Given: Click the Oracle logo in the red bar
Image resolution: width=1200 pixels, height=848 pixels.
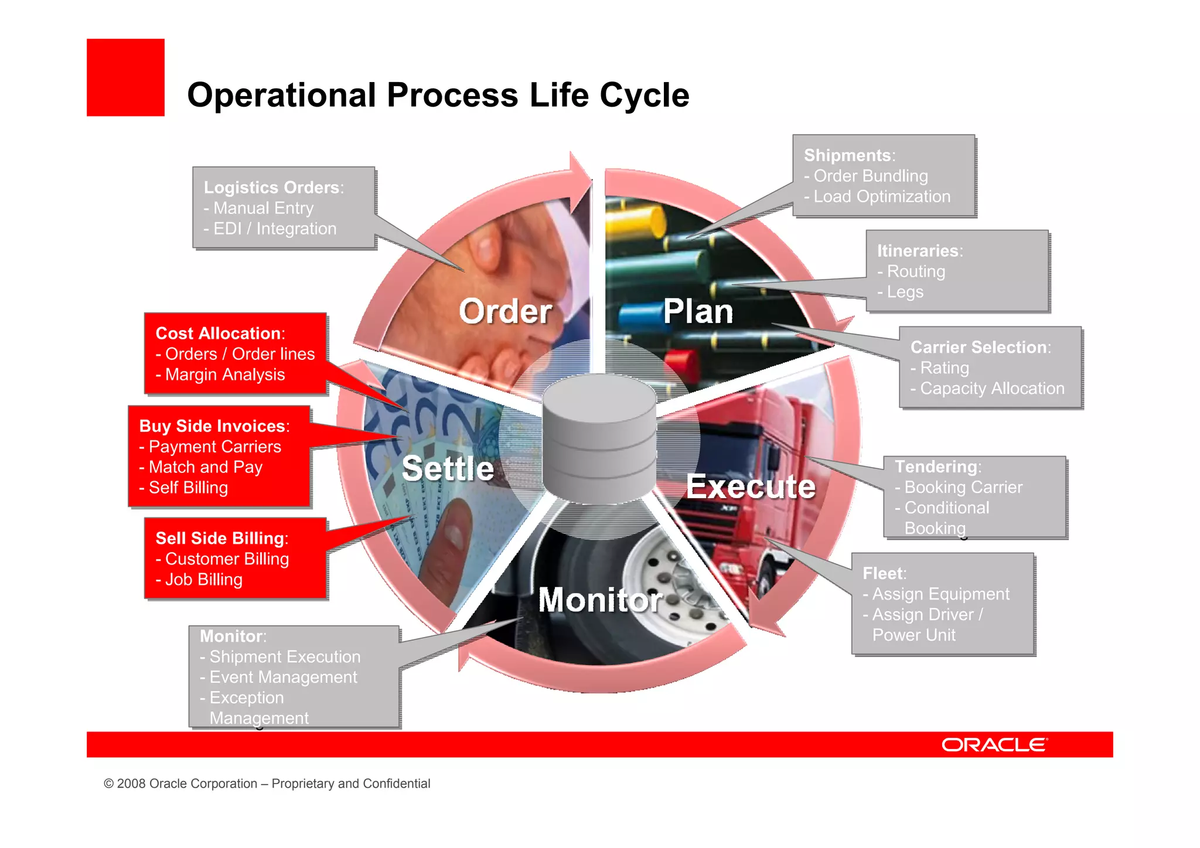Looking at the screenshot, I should [994, 745].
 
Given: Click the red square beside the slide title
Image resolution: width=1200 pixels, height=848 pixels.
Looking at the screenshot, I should [125, 77].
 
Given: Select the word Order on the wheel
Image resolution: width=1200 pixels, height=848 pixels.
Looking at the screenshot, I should [505, 311].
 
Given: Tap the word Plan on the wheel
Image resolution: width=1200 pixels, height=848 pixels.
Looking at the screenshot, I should [698, 311].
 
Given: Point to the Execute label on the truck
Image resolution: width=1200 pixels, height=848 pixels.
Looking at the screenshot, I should [751, 486].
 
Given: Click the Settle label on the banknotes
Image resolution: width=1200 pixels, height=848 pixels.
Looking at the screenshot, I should [448, 469].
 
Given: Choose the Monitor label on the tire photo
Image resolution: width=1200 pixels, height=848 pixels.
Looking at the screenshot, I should [600, 600].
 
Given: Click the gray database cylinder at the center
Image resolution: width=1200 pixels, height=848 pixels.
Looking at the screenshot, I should [599, 440].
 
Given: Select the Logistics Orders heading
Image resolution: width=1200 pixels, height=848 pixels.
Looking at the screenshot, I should [272, 188].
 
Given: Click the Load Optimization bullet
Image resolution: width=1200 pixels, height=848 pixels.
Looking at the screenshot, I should [881, 197].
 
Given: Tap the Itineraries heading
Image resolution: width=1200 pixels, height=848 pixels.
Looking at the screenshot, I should [918, 251].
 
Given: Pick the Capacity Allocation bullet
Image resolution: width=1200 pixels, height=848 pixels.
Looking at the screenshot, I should [991, 389].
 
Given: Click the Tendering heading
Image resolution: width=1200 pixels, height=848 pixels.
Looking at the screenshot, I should [936, 466].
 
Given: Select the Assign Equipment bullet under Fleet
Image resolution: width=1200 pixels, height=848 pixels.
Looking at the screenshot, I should [940, 594].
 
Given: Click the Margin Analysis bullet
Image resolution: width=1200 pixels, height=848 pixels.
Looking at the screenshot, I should [224, 375].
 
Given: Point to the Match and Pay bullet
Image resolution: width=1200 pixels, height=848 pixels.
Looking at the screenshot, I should [205, 468].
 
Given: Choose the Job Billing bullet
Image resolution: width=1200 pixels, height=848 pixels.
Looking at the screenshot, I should [203, 580].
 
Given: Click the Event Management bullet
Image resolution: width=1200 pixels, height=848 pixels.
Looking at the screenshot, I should [282, 677].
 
